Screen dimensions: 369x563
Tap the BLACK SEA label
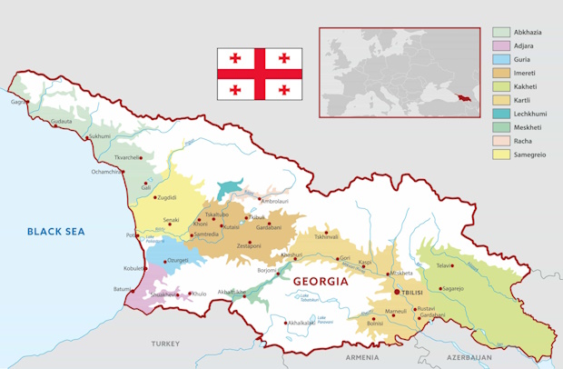click(55, 232)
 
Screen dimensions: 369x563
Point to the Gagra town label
click(17, 102)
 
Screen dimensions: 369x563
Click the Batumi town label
click(123, 289)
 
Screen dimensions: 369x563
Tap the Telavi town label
click(444, 266)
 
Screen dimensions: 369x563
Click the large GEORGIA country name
click(321, 283)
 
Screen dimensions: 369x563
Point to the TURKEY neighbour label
click(166, 344)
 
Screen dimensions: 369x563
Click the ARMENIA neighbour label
click(362, 357)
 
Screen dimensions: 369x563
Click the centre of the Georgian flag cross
click(260, 74)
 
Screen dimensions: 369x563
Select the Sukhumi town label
click(99, 136)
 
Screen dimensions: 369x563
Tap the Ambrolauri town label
click(275, 201)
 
